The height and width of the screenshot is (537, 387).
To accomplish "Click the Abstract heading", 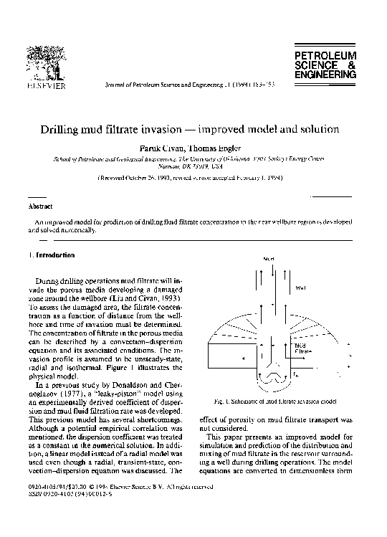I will [40, 206].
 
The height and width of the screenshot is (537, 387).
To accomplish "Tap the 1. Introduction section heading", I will [54, 255].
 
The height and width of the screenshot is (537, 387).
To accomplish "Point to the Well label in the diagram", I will [300, 287].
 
